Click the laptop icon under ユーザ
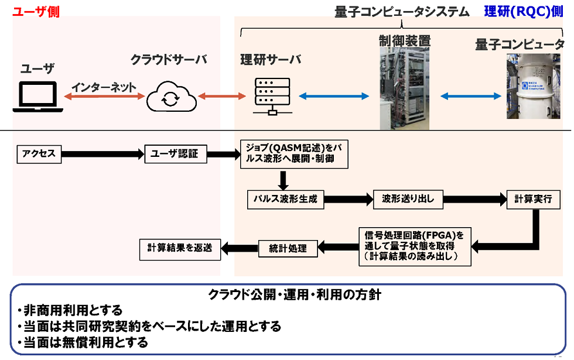pyautogui.click(x=37, y=97)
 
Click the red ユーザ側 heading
pyautogui.click(x=36, y=11)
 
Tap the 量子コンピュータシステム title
pyautogui.click(x=402, y=11)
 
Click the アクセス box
pyautogui.click(x=39, y=154)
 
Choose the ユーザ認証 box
pyautogui.click(x=175, y=154)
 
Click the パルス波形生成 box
pyautogui.click(x=285, y=199)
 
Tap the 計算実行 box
pyautogui.click(x=529, y=199)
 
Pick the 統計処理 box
pyautogui.click(x=288, y=248)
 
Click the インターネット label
pyautogui.click(x=104, y=87)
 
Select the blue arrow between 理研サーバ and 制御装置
pyautogui.click(x=334, y=95)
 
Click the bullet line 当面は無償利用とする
pyautogui.click(x=85, y=342)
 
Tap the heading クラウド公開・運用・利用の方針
pyautogui.click(x=295, y=294)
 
